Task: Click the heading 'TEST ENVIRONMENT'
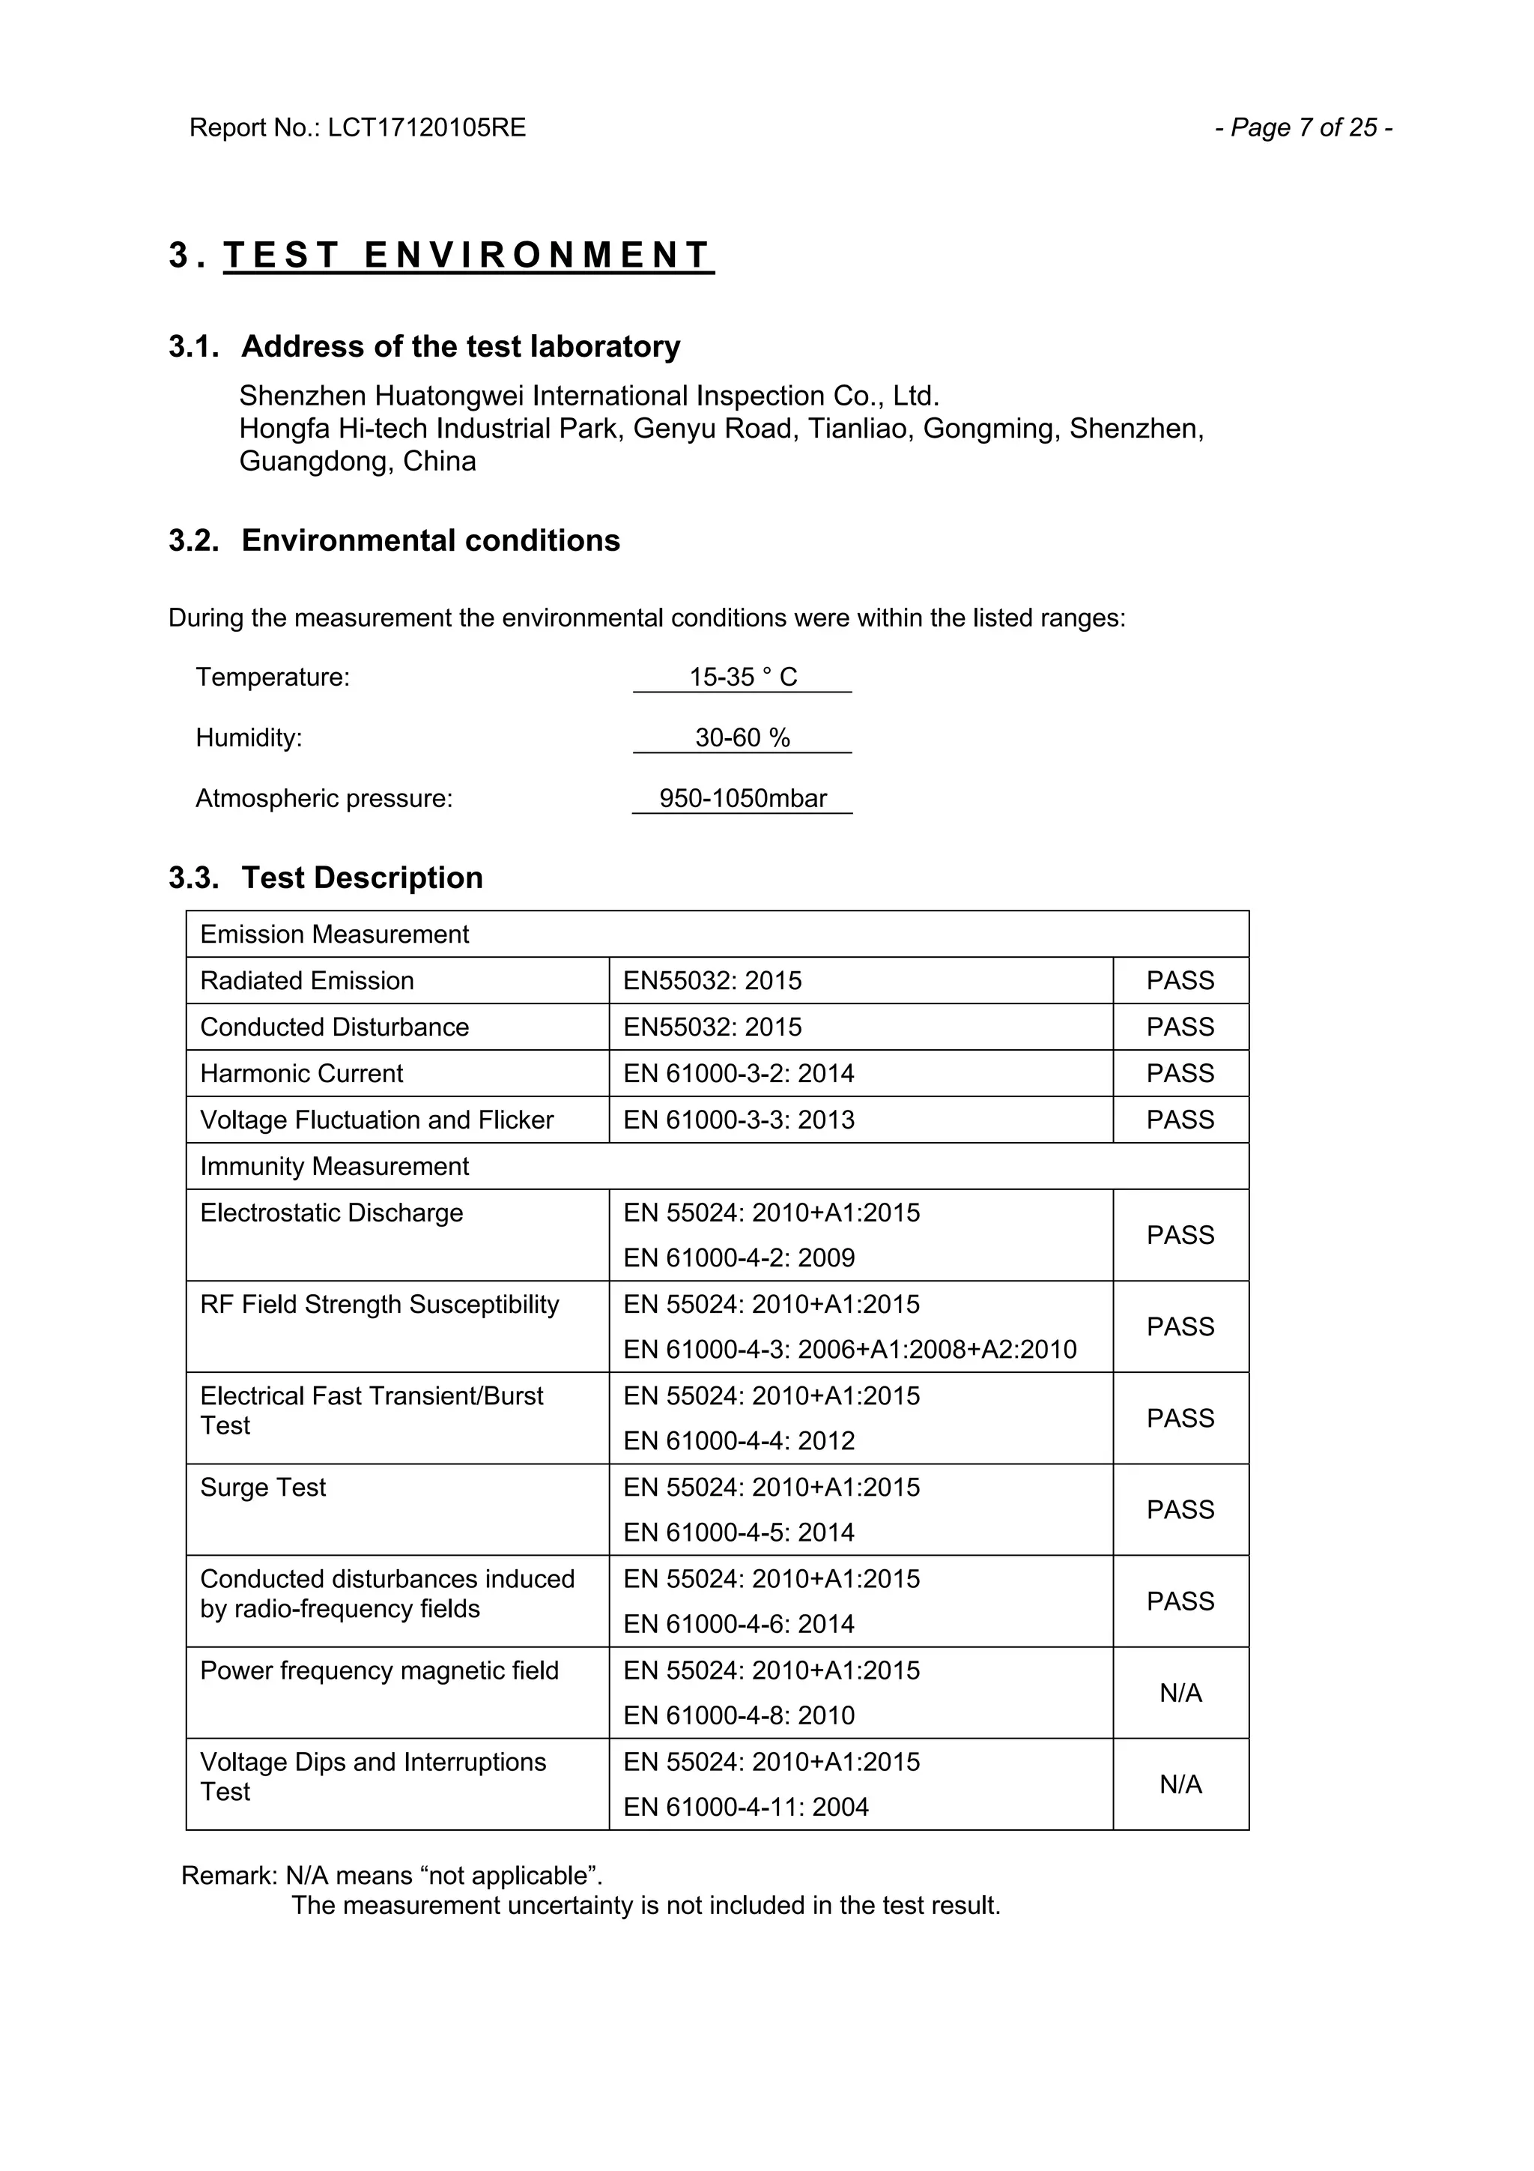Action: pos(468,256)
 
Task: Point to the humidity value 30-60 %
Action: pos(743,737)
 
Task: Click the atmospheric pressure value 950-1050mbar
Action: pos(743,798)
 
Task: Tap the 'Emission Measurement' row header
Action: pos(335,934)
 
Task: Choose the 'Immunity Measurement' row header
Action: pos(335,1166)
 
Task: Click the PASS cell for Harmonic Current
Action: pos(1180,1073)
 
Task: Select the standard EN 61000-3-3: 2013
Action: pos(739,1120)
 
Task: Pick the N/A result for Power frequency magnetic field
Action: pos(1180,1693)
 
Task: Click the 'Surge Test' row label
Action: pos(263,1488)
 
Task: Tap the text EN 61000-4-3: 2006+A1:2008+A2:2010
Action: pos(849,1350)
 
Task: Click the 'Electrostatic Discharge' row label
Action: pos(332,1213)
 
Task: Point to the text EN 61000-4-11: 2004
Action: pos(746,1807)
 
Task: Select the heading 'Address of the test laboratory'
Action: pos(461,346)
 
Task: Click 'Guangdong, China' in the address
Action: pos(357,462)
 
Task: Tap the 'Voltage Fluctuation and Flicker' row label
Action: pos(376,1120)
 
